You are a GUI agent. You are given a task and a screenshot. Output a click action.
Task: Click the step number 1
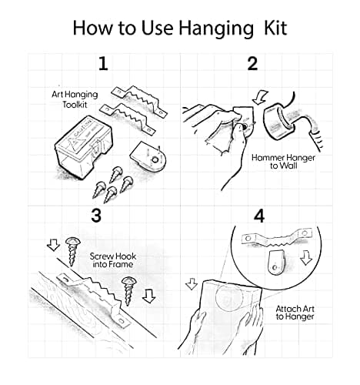point(103,64)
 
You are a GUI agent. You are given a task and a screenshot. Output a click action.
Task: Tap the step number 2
point(252,64)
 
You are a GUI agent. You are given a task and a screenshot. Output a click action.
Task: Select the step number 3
point(96,216)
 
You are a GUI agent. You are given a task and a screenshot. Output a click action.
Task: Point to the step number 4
point(259,216)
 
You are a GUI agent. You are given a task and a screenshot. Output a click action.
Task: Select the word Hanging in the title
point(216,29)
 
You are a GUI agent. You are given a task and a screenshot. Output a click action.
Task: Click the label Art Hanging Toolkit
point(75,99)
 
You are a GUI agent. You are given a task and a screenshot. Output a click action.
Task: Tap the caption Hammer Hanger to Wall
point(283,162)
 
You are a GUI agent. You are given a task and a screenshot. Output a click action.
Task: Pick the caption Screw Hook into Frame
point(113,260)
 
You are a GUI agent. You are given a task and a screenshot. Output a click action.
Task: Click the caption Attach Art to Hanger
point(295,313)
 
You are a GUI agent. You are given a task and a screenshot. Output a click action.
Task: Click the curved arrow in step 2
point(259,98)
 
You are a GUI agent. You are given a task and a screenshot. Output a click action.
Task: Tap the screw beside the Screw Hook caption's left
point(72,251)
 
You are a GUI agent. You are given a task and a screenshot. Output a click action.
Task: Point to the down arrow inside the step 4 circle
point(306,257)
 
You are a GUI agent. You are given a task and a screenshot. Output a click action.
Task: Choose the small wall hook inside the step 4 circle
point(276,263)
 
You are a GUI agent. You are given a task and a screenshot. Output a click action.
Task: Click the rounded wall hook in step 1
point(148,156)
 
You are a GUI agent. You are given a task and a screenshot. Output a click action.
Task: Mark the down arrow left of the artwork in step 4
point(192,283)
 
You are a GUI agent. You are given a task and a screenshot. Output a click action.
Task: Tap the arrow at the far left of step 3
point(53,245)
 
